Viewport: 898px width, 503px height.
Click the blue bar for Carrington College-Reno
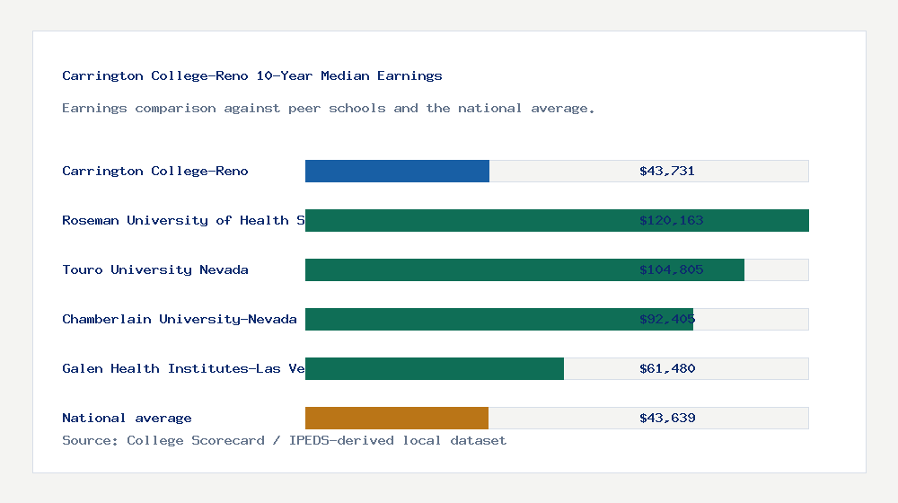pos(397,171)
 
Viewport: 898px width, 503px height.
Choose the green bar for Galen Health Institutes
pos(435,368)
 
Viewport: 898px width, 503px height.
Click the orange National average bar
pos(397,418)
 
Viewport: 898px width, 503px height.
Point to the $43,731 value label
pos(667,171)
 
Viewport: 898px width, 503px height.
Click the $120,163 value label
pos(671,220)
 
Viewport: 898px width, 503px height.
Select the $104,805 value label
pos(671,269)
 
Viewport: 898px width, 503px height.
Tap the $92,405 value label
pos(667,319)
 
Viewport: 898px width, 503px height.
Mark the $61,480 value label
pos(667,368)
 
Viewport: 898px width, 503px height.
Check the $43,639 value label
pos(667,418)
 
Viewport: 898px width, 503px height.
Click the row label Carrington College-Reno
pos(155,171)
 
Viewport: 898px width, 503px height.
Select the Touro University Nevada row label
pos(155,269)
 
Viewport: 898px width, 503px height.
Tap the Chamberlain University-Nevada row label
pos(180,319)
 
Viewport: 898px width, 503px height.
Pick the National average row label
pos(127,418)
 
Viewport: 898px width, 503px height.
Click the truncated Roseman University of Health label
pos(183,220)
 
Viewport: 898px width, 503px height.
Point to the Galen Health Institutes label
pos(183,368)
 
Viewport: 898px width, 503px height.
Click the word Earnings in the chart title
pos(409,75)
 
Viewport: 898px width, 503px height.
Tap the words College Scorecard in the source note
pos(196,440)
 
